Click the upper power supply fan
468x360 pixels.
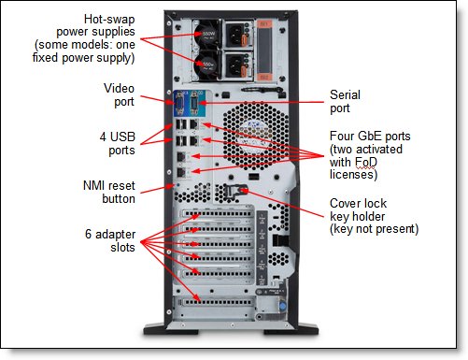[206, 34]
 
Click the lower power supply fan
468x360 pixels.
[206, 65]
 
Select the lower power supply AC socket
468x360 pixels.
[235, 65]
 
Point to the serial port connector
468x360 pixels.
[194, 104]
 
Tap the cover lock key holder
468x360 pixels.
[236, 191]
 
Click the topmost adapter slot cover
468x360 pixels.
[217, 214]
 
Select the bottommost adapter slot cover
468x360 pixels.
[217, 302]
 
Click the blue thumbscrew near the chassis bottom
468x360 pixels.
[282, 306]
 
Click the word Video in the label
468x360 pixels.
[119, 88]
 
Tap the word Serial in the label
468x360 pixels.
[345, 94]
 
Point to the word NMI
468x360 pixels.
[93, 186]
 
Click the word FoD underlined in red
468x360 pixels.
[366, 162]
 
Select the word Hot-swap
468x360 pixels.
[109, 20]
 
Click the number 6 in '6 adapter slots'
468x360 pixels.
[89, 235]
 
